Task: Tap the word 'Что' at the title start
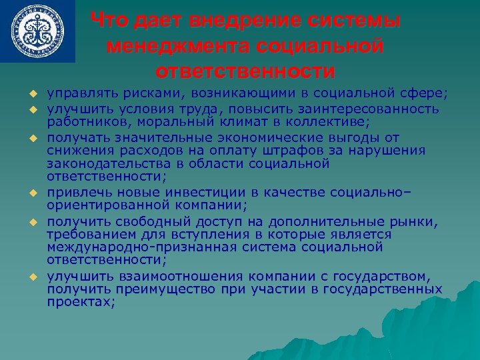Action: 108,21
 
